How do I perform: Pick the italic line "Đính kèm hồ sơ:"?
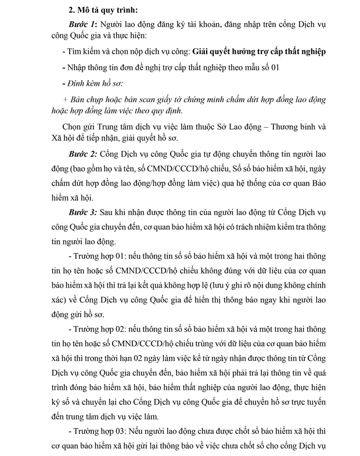click(x=93, y=82)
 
